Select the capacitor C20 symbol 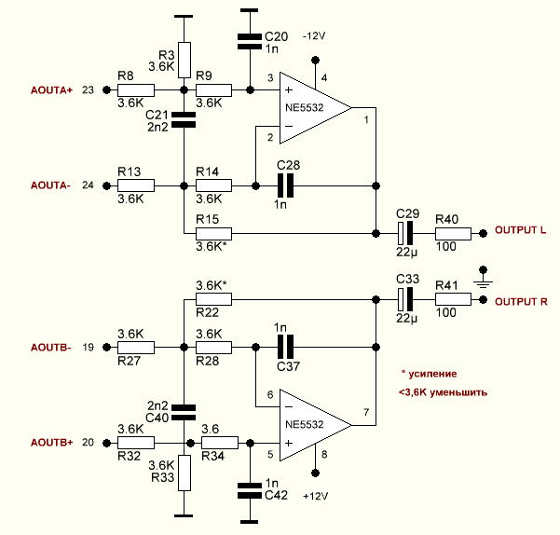pyautogui.click(x=249, y=40)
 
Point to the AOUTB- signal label pyautogui.click(x=51, y=347)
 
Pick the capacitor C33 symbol pyautogui.click(x=404, y=300)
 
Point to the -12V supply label pyautogui.click(x=313, y=34)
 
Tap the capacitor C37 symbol pyautogui.click(x=286, y=347)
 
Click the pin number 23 pyautogui.click(x=89, y=90)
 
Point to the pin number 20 pyautogui.click(x=89, y=442)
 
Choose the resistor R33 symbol pyautogui.click(x=184, y=473)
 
